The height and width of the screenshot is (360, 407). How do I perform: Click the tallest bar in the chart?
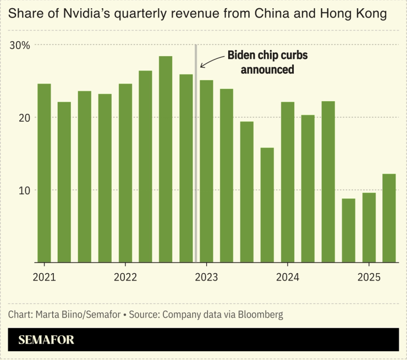point(166,159)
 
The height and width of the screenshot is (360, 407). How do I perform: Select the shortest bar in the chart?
point(348,230)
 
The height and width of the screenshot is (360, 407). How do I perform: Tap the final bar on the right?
point(389,218)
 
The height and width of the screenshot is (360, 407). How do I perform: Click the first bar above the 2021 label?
point(44,173)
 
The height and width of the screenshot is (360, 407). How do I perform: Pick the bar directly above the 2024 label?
point(288,182)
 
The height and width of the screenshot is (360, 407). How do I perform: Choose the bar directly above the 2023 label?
point(206,171)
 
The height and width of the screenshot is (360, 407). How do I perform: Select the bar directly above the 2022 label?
point(125,173)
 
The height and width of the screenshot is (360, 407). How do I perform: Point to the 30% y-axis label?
point(20,45)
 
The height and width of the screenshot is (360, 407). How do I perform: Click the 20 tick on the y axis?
point(23,118)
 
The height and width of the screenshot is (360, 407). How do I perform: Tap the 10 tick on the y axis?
point(23,190)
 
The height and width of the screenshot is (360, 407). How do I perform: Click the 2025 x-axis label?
point(369,276)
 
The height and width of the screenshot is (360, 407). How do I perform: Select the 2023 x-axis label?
point(206,276)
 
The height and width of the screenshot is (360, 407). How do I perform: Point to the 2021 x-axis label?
point(44,276)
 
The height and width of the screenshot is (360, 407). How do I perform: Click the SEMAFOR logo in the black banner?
point(46,340)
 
